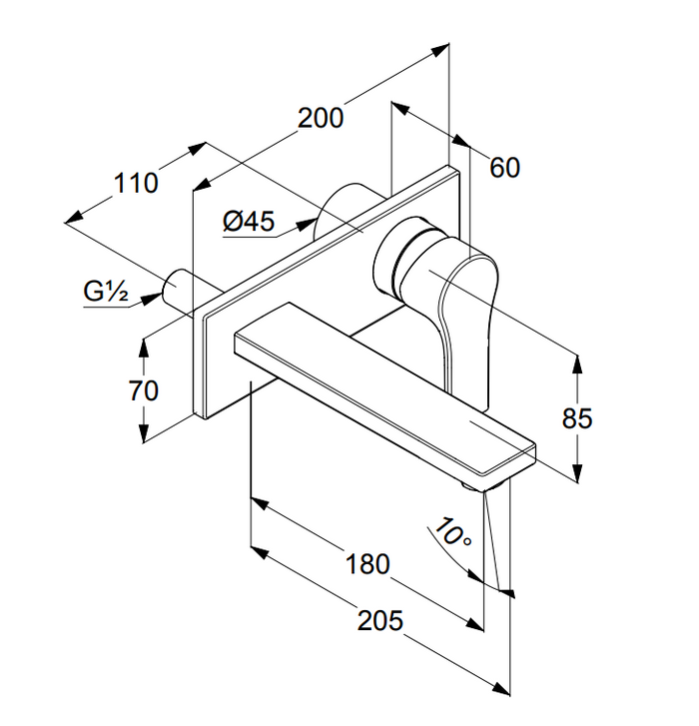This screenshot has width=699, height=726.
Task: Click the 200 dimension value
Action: tap(321, 118)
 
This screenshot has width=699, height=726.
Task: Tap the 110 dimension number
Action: tap(136, 183)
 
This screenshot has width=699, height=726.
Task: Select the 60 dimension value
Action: tap(504, 168)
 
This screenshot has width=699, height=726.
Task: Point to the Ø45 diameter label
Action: tap(249, 221)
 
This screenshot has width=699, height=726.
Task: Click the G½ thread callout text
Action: tap(106, 292)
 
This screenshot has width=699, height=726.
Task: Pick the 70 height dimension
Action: tap(144, 390)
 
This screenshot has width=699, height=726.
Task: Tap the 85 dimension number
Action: tap(577, 418)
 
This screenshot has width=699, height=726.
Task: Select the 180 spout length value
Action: tap(368, 564)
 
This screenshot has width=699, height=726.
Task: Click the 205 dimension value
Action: tap(380, 620)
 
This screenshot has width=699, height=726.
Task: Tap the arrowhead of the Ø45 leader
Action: tap(307, 225)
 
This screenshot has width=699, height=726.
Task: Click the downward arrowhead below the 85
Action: tap(577, 472)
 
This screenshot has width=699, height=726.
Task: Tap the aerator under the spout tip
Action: tap(473, 486)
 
